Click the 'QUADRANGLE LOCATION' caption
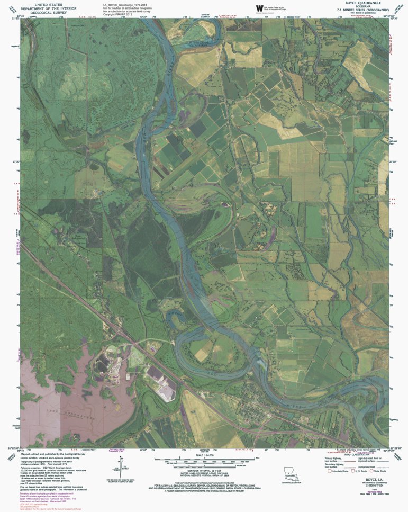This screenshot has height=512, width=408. (290, 482)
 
